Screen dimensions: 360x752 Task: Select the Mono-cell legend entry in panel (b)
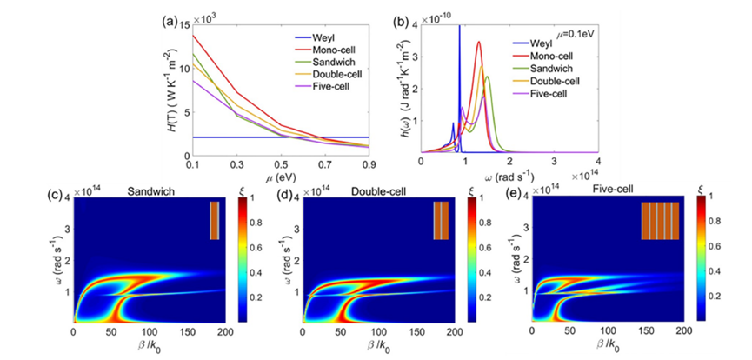coord(545,54)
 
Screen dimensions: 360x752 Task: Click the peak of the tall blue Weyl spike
coord(459,28)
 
